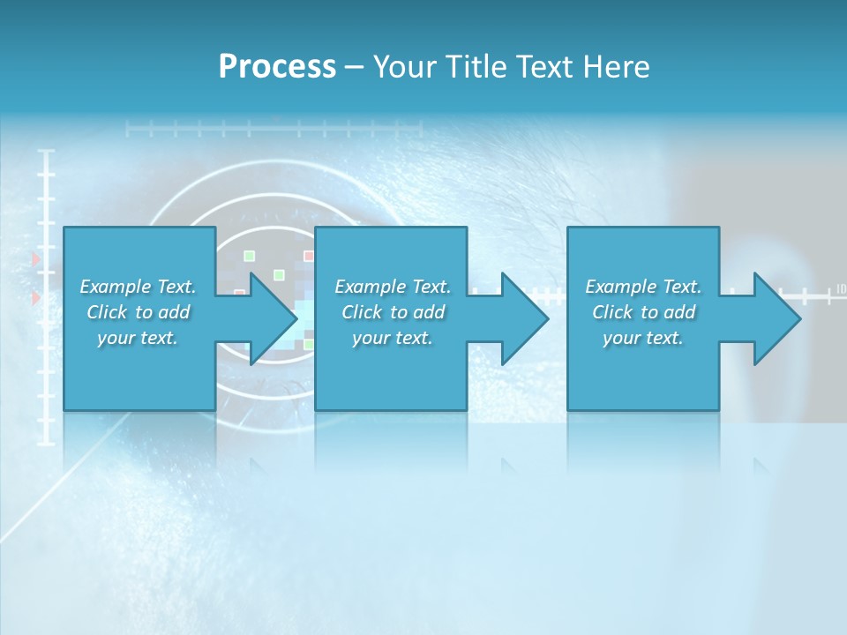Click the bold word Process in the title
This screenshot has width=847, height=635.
tap(277, 67)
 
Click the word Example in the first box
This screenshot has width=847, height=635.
tap(116, 287)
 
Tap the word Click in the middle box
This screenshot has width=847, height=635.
tap(362, 312)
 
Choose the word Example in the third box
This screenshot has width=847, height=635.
tap(621, 287)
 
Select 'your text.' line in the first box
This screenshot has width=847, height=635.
tap(138, 338)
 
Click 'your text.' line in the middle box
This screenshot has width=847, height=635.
tap(393, 338)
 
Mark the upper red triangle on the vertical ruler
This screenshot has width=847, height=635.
tap(36, 259)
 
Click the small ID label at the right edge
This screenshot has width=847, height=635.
tap(841, 288)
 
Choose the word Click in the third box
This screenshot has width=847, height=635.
tap(612, 312)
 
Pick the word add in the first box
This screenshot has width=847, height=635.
tap(173, 312)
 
